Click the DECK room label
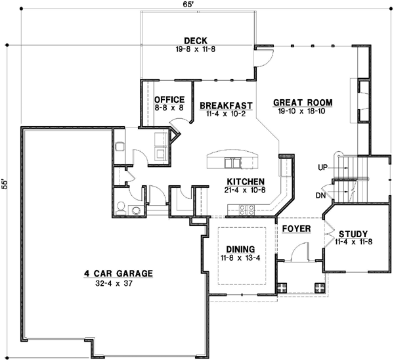[196, 39]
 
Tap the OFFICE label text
[151, 99]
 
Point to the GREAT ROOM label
[302, 102]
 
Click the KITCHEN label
[246, 181]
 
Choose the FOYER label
[295, 229]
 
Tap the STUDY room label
[354, 233]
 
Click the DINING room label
[240, 250]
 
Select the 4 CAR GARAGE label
[118, 273]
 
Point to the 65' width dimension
[198, 5]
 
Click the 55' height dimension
[5, 184]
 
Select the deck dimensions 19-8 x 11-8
[196, 48]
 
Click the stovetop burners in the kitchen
[246, 210]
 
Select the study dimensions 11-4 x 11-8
[354, 242]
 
